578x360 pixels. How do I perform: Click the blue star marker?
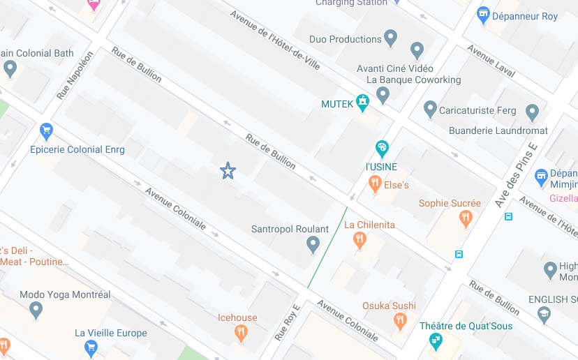(x=228, y=170)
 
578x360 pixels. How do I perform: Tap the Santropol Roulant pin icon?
(x=313, y=244)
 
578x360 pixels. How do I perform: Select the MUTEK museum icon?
(x=362, y=103)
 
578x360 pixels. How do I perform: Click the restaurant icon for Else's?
(x=375, y=183)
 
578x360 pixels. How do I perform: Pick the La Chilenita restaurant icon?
(x=360, y=241)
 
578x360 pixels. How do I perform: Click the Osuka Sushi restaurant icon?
(x=400, y=321)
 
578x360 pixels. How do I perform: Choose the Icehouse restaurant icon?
(x=241, y=333)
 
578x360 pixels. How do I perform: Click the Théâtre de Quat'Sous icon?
(x=436, y=341)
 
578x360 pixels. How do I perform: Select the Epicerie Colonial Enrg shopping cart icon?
(x=47, y=130)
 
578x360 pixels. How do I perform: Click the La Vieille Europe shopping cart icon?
(x=90, y=347)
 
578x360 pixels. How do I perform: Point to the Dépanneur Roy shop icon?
(x=482, y=15)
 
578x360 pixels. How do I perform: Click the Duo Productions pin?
(x=390, y=38)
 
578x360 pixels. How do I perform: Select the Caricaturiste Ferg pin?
(x=430, y=109)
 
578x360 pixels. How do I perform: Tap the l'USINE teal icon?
(x=381, y=148)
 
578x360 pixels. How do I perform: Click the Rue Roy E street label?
(x=287, y=322)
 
